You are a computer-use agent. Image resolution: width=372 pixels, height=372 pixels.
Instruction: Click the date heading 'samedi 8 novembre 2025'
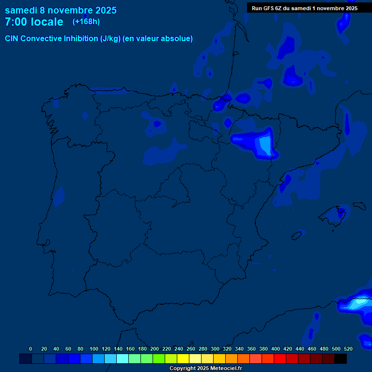point(61,10)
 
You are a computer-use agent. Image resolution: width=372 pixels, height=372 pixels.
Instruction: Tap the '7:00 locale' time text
point(34,22)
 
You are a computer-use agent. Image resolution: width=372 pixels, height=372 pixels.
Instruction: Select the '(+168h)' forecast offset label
point(86,22)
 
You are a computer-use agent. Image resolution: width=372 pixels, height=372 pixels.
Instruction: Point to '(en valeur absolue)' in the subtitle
point(158,39)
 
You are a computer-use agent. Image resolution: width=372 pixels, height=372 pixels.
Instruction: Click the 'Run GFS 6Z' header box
point(305,8)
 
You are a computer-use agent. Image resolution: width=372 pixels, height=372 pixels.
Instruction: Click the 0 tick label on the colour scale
point(31,349)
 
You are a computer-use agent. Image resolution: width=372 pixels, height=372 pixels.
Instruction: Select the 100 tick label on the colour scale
point(94,349)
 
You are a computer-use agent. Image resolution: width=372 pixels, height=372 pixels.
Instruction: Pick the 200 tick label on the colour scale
point(155,349)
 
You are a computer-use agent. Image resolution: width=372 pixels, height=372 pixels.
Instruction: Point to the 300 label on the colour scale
point(215,349)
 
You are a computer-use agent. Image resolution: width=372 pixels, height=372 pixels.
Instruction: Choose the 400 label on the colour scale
point(276,349)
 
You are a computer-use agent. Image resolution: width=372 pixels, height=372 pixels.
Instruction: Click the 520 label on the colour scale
point(348,349)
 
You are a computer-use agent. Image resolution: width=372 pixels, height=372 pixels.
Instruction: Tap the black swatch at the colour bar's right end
point(341,359)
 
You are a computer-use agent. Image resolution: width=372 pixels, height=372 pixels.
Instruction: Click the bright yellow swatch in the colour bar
point(183,359)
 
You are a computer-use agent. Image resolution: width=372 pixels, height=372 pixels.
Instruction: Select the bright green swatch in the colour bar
point(159,359)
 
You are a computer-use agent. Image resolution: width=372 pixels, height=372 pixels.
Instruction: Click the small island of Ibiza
point(297,235)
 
